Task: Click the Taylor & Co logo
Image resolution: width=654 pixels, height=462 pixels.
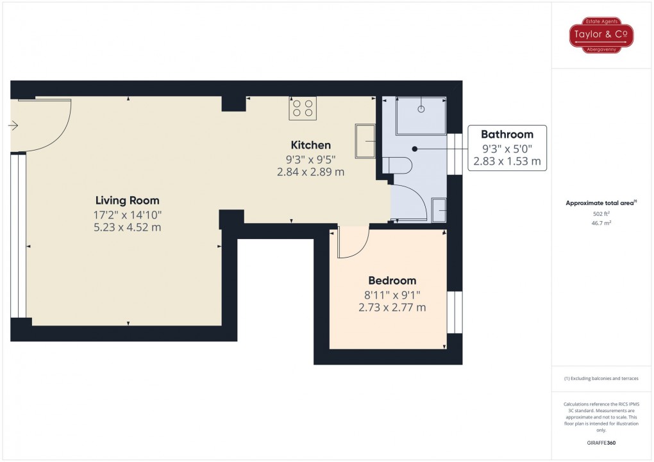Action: point(601,35)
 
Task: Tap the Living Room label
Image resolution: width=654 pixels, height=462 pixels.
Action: point(128,201)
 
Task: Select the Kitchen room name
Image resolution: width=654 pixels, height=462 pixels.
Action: point(311,145)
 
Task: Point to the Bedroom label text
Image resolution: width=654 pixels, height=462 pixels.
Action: point(392,281)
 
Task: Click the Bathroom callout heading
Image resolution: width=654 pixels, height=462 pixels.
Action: point(507,135)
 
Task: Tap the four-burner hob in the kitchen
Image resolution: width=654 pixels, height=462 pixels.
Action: point(303,108)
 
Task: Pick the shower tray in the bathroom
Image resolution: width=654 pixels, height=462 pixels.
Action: point(421,116)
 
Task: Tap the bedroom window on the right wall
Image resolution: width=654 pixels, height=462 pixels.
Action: point(455,312)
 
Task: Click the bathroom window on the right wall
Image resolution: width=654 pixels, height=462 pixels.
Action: point(455,154)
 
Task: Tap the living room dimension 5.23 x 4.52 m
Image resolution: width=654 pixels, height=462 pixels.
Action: point(128,227)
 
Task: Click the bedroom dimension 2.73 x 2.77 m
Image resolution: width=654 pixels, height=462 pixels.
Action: point(392,308)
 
